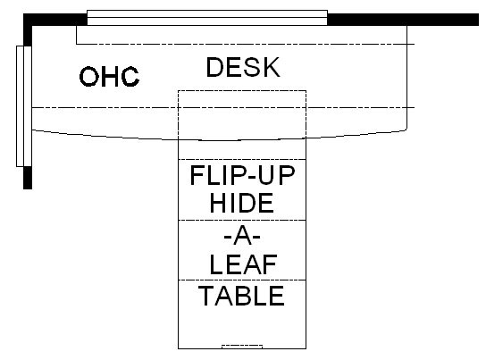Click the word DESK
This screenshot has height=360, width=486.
(243, 67)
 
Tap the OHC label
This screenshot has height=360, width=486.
(109, 76)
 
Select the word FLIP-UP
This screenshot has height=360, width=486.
(242, 175)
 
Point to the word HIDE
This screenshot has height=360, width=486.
(241, 203)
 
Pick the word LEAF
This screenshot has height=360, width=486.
(243, 265)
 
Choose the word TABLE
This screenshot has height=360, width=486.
(241, 296)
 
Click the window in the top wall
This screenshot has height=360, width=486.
(207, 18)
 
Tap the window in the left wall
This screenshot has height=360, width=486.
(24, 106)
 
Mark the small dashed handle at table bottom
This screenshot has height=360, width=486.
(242, 347)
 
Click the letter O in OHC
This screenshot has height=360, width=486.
(89, 77)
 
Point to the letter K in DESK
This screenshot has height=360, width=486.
(272, 67)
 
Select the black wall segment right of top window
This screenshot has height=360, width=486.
(403, 20)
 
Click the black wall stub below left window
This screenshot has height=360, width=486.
(28, 178)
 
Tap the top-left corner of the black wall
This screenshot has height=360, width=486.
(23, 14)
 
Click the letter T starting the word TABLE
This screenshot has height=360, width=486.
(206, 296)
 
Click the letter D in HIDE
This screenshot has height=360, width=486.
(241, 203)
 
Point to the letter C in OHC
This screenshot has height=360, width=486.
(130, 77)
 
